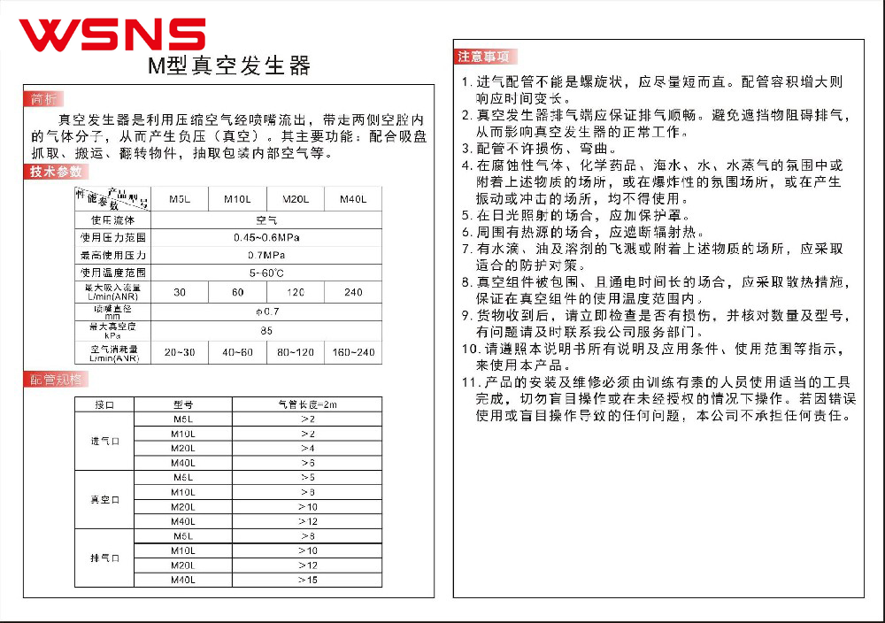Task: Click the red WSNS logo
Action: (x=112, y=34)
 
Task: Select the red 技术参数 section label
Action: (x=56, y=172)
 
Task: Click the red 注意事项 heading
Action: (x=483, y=57)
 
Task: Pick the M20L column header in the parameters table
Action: (x=296, y=199)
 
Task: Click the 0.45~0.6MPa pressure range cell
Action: (x=266, y=237)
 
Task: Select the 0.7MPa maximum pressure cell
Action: (x=266, y=255)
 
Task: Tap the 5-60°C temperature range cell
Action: (x=266, y=273)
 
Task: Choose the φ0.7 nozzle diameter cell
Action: (x=266, y=311)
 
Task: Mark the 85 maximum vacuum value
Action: (x=266, y=331)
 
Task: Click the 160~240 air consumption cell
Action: (x=353, y=352)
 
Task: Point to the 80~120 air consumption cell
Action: (x=296, y=352)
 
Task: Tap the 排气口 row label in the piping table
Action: (x=104, y=558)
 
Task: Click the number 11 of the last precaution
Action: (x=470, y=382)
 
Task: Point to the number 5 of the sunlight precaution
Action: (x=466, y=215)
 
